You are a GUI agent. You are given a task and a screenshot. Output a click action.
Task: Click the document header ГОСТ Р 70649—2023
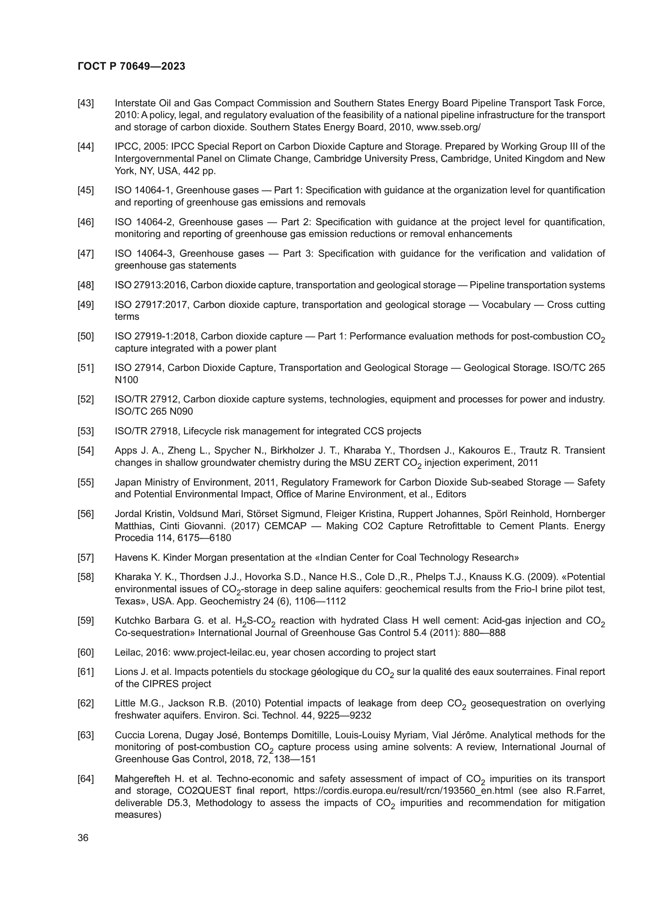[131, 66]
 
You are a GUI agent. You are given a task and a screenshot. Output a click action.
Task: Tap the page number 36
[83, 838]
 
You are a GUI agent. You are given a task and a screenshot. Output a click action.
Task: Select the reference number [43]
[86, 103]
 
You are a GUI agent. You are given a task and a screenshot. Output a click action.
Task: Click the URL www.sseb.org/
[449, 127]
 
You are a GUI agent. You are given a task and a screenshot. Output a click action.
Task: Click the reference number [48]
[86, 285]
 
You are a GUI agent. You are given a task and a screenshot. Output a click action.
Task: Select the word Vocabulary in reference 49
[506, 305]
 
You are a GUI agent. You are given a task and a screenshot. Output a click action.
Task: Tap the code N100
[127, 380]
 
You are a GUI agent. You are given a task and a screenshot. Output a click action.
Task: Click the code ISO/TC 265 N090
[154, 411]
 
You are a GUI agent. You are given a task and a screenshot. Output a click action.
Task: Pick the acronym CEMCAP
[287, 526]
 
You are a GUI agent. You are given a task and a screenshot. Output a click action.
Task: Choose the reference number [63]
[86, 735]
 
